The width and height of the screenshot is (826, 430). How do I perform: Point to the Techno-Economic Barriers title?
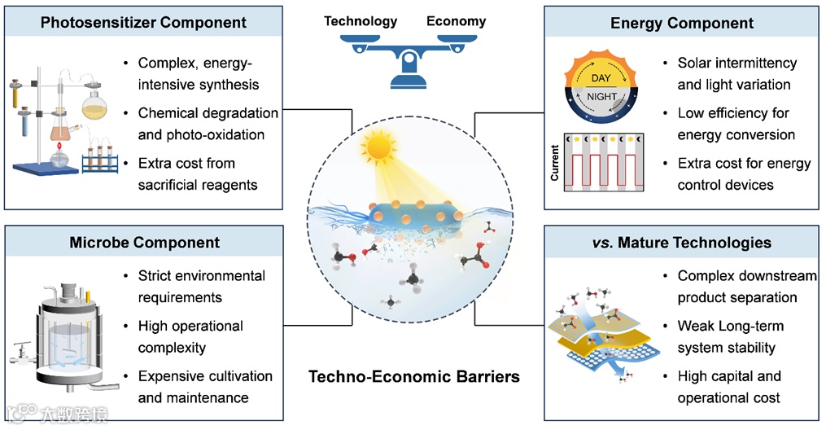tap(413, 376)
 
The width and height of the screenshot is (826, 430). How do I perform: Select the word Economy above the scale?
tap(457, 20)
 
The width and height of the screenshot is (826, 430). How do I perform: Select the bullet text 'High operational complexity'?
tap(190, 336)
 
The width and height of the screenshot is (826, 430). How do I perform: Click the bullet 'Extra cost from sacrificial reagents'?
tap(197, 174)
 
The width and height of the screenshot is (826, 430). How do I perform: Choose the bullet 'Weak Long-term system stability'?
tap(731, 336)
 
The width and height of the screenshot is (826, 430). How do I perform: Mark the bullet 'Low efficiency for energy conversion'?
tap(736, 124)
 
